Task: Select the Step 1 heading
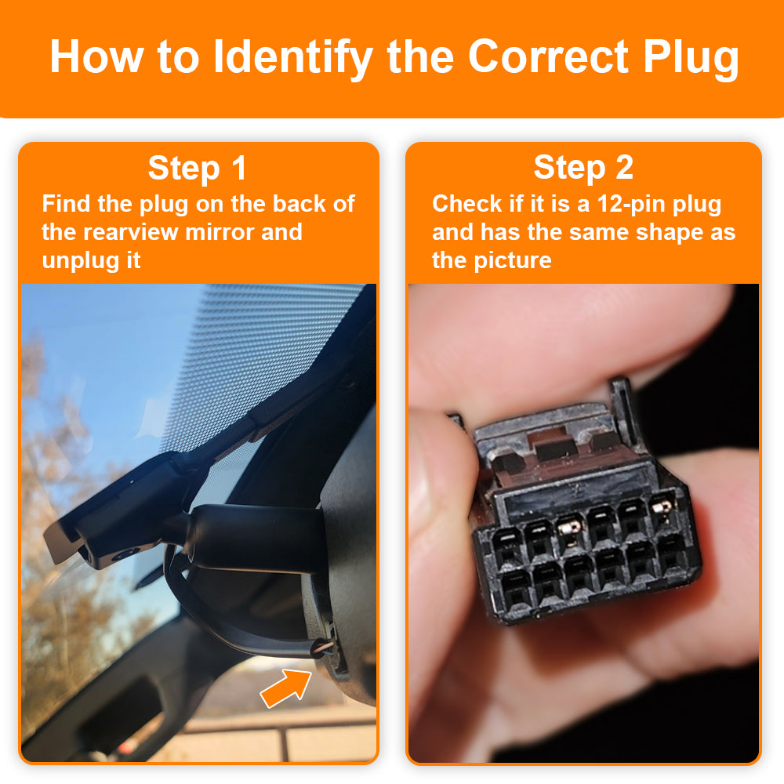[x=197, y=169]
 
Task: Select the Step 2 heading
[x=583, y=169]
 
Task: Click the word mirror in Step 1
[x=224, y=232]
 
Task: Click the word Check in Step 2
[x=467, y=205]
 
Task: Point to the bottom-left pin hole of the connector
[x=515, y=586]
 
